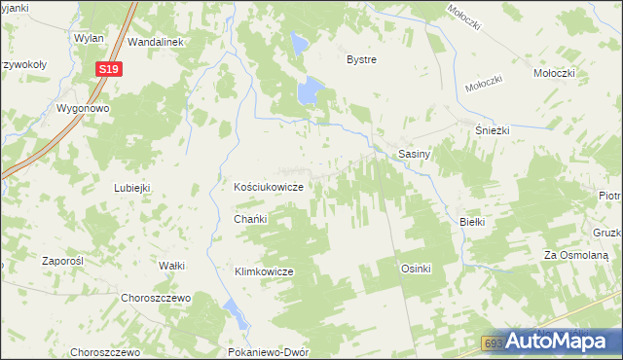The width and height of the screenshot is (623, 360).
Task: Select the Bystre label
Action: coord(362,59)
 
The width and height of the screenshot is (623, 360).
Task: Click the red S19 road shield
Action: coord(110,68)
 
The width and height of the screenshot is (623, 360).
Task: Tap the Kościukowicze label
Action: coord(271,187)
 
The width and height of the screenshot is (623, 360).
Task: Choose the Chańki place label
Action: coord(250,220)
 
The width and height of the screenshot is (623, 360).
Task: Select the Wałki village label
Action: coord(171,266)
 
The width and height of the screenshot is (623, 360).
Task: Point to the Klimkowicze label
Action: coord(264,271)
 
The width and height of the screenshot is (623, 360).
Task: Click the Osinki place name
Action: coord(416,269)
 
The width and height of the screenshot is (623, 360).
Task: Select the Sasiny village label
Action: coord(416,154)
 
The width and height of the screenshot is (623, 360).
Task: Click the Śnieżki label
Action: coord(492,131)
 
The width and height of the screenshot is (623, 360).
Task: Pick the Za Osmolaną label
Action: coord(576,255)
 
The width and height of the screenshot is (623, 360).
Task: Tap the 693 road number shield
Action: coord(495,343)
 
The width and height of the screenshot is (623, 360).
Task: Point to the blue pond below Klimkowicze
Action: coord(235,313)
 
